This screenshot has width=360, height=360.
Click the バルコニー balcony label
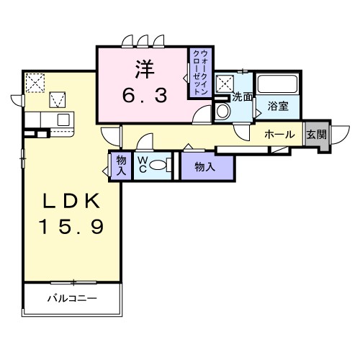(73, 297)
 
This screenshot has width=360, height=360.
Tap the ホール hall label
(278, 135)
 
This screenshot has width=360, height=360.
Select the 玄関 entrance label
(315, 134)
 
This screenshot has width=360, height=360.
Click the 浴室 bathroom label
(279, 106)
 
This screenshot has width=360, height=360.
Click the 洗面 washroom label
(242, 96)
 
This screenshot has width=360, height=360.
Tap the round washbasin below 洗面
(222, 111)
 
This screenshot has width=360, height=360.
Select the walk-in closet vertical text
(199, 73)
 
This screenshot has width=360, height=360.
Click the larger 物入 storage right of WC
(205, 166)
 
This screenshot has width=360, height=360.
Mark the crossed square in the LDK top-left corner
(33, 81)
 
